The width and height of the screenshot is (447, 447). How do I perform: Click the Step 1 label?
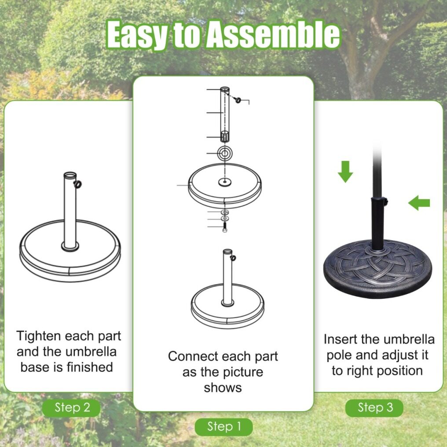(224, 427)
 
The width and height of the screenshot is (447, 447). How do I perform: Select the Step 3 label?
(374, 408)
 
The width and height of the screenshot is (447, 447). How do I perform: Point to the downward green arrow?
(345, 172)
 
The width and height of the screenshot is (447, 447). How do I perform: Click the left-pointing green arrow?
(419, 203)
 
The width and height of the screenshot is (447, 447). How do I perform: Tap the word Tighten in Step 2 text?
(38, 337)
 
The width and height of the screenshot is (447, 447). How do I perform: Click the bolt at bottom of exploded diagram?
(225, 227)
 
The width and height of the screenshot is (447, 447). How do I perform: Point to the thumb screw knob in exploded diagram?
(238, 100)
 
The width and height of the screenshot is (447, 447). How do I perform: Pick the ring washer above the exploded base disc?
(225, 154)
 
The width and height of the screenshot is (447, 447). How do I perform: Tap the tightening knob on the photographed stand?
(385, 202)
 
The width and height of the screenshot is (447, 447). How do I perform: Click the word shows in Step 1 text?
(223, 388)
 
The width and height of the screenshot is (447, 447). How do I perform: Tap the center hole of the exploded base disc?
(225, 182)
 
